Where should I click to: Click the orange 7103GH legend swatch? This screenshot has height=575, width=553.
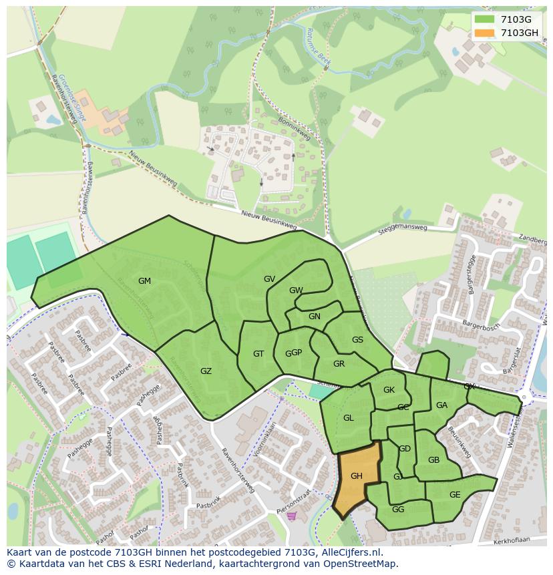coord(485,33)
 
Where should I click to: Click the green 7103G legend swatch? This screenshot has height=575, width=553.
coord(485,19)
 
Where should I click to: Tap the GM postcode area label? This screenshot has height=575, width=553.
coord(144,281)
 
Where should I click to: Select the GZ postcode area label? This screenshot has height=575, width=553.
coord(206,371)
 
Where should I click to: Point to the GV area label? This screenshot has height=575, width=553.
coord(269,279)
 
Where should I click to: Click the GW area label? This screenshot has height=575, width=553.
coord(296,291)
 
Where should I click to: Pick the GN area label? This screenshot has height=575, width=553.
coord(314,317)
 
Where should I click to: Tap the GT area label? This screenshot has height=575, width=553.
coord(258,354)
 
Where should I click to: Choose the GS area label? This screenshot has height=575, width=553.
coord(357,340)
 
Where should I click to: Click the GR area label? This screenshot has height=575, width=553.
coord(339,364)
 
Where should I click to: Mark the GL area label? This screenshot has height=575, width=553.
coord(348,418)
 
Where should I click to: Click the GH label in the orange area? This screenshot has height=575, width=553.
coord(356,476)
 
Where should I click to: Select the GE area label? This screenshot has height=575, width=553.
coord(455,495)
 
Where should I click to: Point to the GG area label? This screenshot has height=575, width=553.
coord(398,510)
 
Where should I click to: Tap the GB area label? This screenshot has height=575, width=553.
coord(433,460)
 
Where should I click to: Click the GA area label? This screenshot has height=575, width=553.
coord(441,405)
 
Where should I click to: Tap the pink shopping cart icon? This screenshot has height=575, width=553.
coord(291,516)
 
